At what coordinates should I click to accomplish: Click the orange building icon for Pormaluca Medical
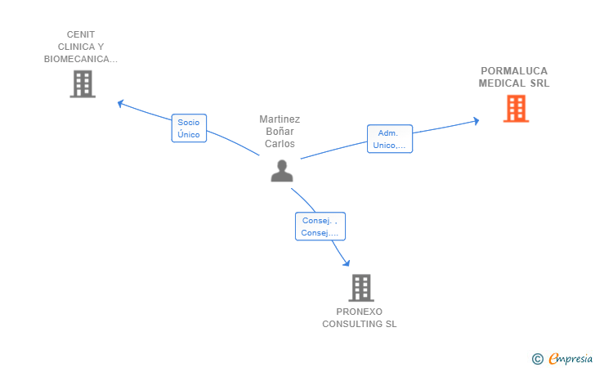click(516, 109)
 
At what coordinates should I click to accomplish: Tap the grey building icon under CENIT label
click(83, 84)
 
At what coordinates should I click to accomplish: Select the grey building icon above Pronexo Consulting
click(361, 288)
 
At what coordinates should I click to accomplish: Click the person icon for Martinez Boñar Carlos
click(282, 171)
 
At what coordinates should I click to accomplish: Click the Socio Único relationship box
click(189, 128)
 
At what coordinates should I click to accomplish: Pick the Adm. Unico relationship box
click(390, 139)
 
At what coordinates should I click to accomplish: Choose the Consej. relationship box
click(320, 227)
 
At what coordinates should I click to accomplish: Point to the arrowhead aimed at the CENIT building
click(121, 103)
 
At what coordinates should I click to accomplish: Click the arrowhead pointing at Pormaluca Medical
click(476, 121)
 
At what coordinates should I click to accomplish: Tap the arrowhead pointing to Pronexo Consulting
click(346, 263)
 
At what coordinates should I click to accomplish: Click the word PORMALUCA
click(514, 71)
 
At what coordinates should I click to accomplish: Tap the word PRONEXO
click(359, 312)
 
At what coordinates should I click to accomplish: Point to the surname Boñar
click(280, 132)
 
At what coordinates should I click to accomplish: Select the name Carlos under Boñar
click(280, 144)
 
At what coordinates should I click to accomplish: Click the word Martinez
click(280, 119)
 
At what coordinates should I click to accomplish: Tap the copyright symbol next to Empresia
click(538, 359)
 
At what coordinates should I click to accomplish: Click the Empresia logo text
click(570, 358)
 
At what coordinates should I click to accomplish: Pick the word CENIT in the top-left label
click(81, 34)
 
